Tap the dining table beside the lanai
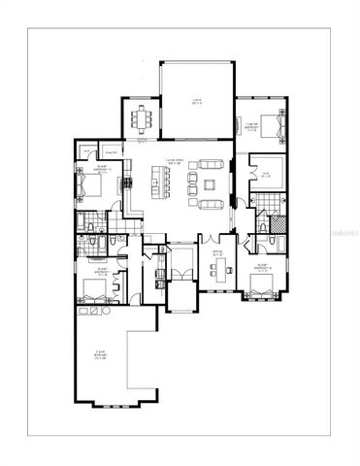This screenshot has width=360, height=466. click(x=143, y=116)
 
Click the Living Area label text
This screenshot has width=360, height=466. click(x=175, y=163)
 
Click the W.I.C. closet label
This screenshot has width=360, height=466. click(x=267, y=175)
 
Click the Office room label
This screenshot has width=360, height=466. click(x=218, y=252)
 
